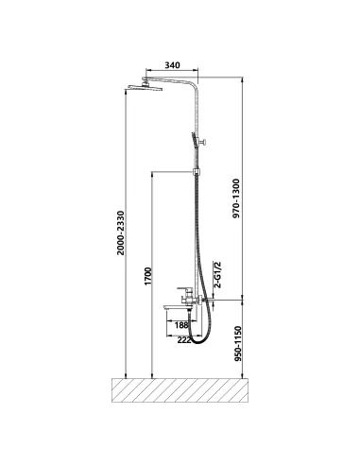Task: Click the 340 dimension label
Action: tap(173, 65)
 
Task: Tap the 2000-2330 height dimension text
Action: tap(121, 233)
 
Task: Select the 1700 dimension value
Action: tap(147, 276)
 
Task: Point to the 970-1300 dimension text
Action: tap(236, 198)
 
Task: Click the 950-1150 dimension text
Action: tap(238, 344)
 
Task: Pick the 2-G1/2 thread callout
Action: tap(217, 275)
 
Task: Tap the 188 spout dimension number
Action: tap(181, 325)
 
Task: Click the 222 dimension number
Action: tap(184, 340)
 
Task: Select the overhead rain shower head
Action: tap(144, 87)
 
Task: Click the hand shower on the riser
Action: tap(195, 141)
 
